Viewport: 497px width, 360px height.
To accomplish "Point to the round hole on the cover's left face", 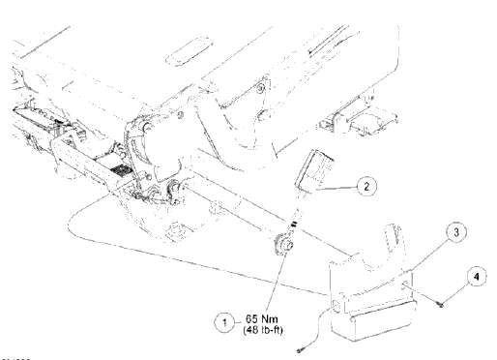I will pos(335,307).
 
